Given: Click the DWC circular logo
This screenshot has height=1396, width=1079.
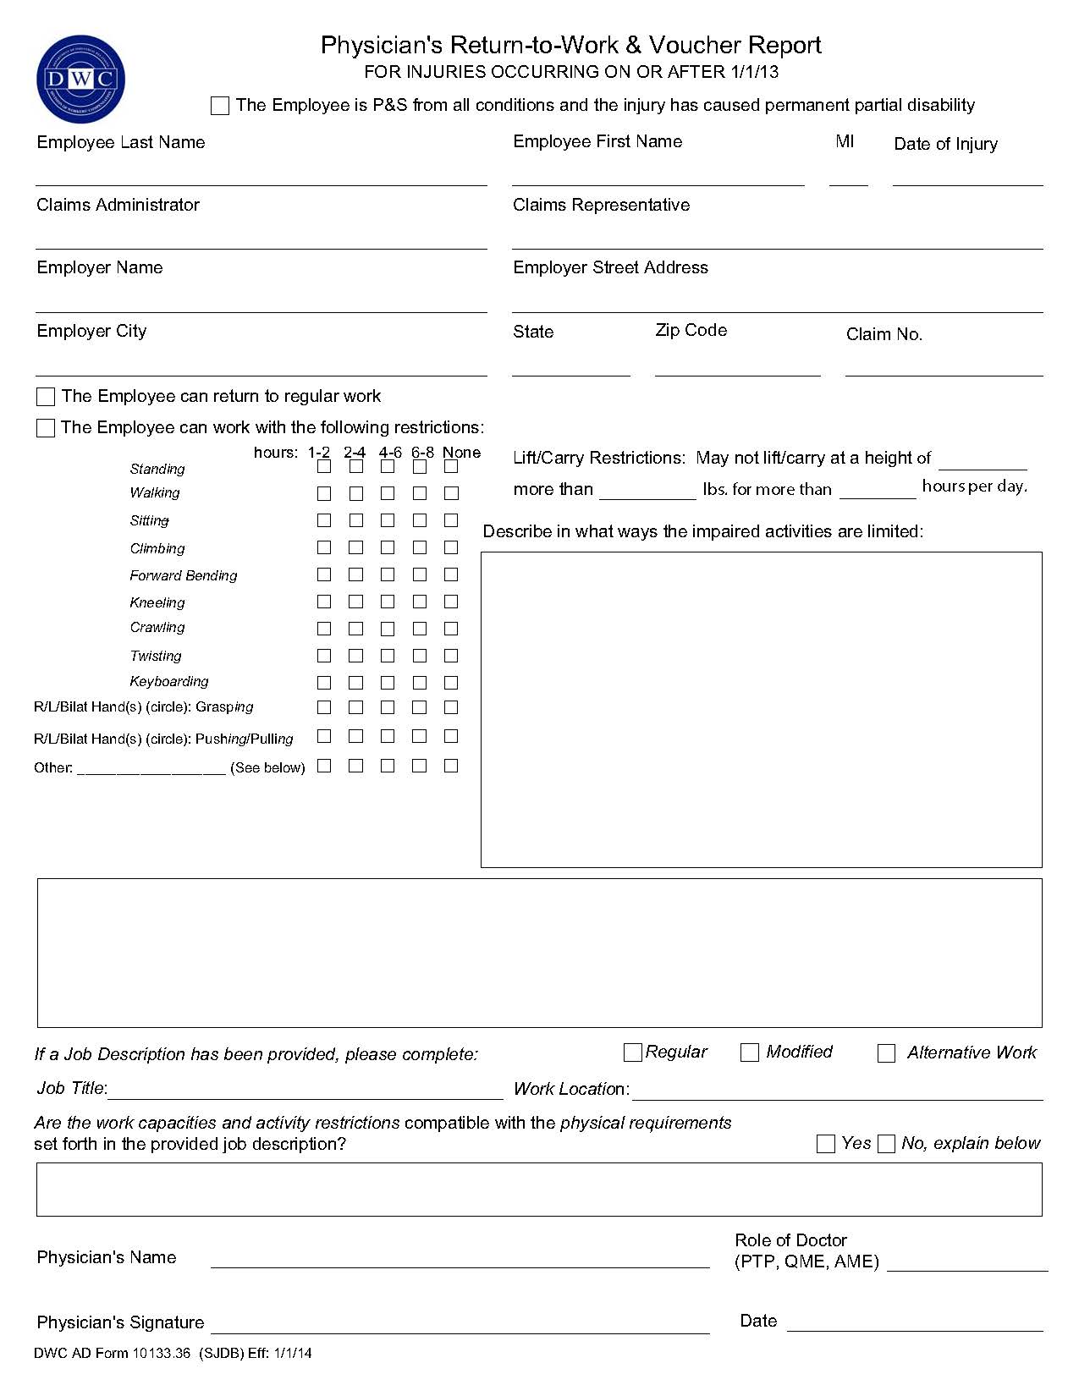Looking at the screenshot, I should tap(80, 80).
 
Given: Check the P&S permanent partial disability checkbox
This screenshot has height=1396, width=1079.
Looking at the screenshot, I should tap(220, 106).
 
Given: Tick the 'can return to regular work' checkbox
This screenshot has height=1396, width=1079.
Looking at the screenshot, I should tap(46, 397).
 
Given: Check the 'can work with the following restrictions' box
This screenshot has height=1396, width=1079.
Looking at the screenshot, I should tap(46, 428).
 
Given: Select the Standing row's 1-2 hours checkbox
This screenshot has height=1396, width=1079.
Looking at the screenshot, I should tap(324, 467).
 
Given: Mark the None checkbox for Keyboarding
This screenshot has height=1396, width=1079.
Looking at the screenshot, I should tap(451, 683).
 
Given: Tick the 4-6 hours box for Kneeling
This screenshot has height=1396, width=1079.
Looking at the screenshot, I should tap(388, 602).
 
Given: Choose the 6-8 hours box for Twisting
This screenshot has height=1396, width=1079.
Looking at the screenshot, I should tap(419, 656).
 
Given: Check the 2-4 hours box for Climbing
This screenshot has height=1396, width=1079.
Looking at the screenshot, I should tap(355, 547).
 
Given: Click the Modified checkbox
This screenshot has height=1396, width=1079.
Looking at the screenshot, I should tap(749, 1052).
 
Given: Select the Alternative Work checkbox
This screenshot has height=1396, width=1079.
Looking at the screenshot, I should tap(886, 1053).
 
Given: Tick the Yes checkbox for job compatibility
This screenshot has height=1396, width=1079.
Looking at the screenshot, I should tap(826, 1144).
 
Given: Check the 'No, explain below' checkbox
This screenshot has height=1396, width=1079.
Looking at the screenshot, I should tap(886, 1144).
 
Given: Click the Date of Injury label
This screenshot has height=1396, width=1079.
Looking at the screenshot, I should tap(945, 144).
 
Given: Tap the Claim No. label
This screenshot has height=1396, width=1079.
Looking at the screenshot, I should tap(884, 334).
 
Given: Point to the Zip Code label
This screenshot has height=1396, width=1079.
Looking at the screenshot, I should tap(691, 330).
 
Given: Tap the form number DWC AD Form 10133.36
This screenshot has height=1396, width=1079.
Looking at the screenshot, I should tap(113, 1354).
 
